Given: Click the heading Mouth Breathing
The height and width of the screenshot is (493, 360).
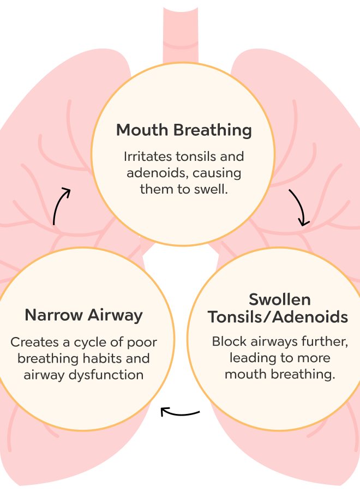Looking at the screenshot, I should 184,130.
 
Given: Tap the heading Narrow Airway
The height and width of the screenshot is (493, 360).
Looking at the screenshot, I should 83,315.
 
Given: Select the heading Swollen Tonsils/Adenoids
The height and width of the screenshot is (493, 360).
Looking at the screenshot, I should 279,308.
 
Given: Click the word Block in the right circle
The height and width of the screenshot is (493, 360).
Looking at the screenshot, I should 226,342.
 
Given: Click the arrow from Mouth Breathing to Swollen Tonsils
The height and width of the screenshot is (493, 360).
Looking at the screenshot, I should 299,208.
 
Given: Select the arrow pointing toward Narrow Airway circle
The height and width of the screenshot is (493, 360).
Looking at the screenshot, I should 180,411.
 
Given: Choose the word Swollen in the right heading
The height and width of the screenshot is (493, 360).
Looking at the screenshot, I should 279,299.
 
